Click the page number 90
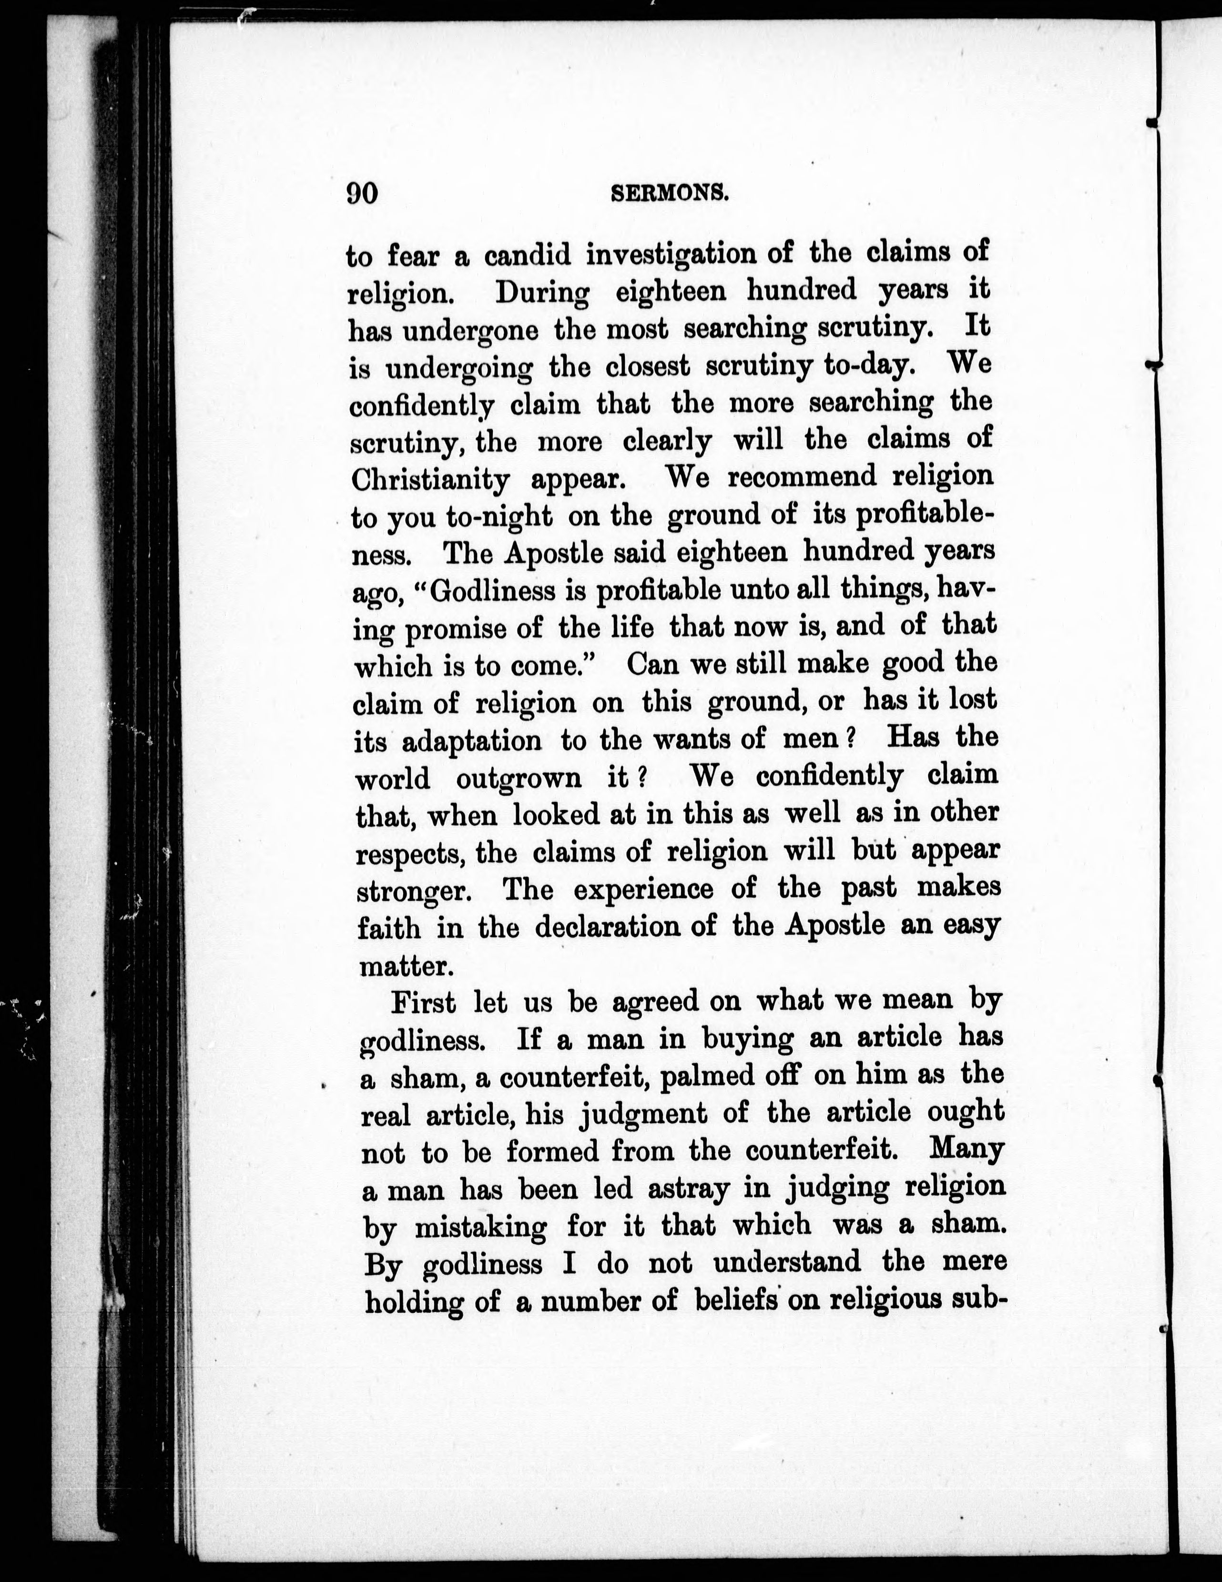362,194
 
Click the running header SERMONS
669,193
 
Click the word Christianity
430,479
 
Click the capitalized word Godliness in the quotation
496,592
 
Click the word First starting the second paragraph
423,1003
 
